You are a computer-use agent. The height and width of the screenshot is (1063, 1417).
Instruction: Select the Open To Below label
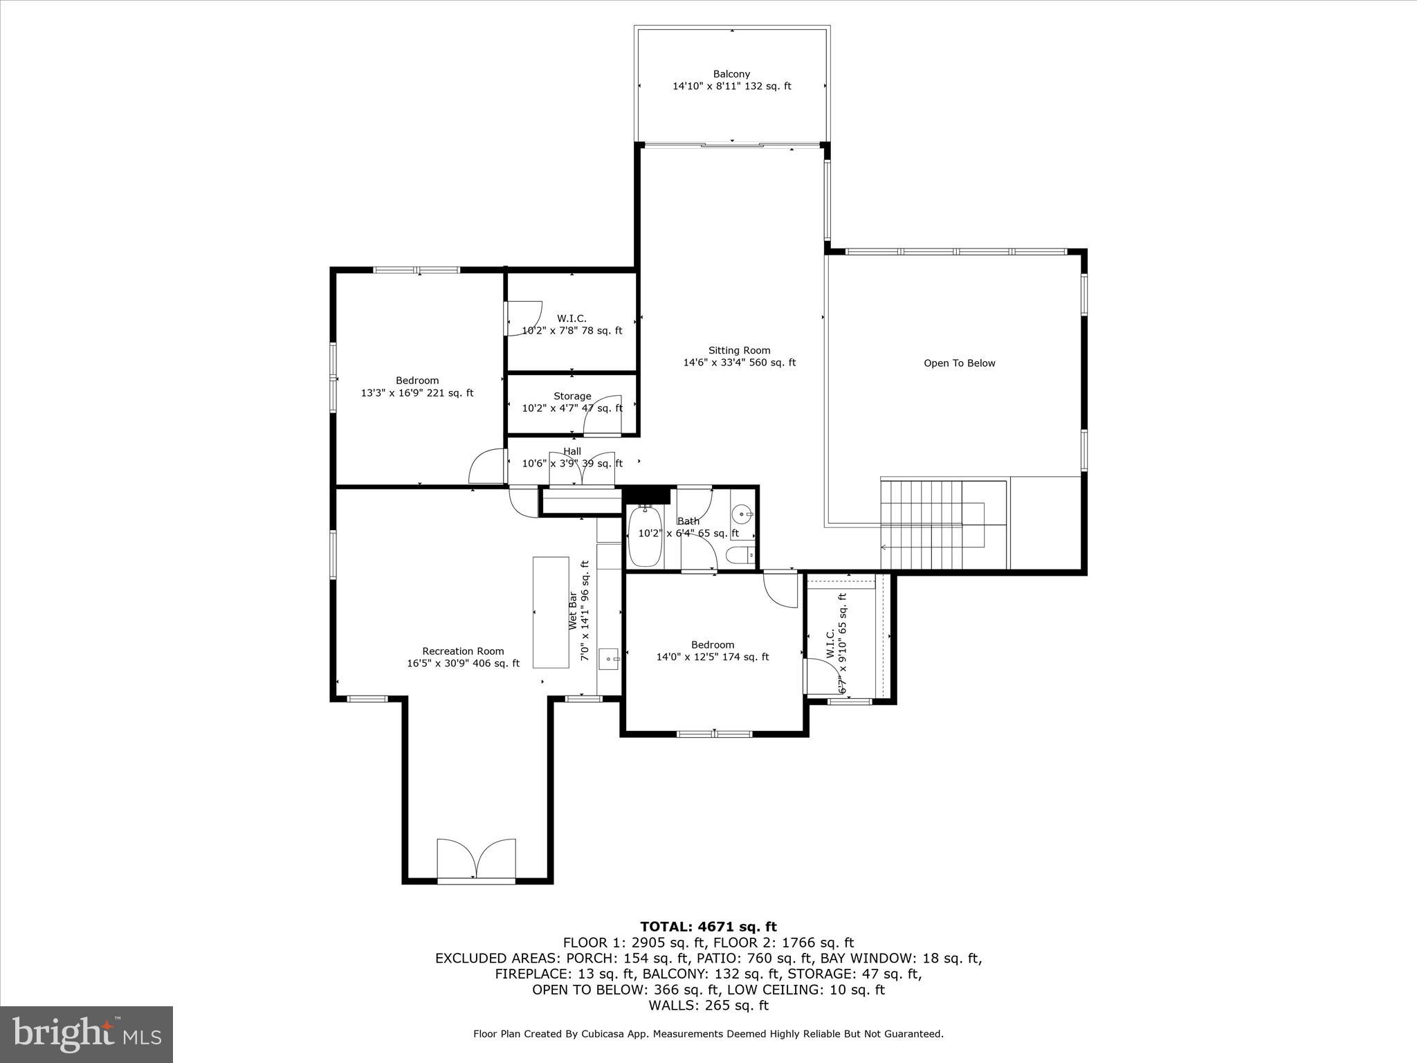[x=959, y=363]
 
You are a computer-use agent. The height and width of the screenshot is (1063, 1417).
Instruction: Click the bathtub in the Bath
[x=646, y=536]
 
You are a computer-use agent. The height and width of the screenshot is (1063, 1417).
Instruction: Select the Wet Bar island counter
[x=551, y=612]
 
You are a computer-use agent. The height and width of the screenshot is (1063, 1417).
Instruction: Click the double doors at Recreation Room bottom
[x=476, y=860]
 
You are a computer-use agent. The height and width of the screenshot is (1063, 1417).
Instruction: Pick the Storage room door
[x=603, y=415]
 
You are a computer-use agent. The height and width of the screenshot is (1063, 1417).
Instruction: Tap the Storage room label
[x=572, y=397]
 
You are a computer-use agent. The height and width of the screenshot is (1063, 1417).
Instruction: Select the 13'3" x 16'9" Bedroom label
[x=417, y=387]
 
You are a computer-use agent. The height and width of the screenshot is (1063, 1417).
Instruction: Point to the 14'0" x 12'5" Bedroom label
[x=713, y=651]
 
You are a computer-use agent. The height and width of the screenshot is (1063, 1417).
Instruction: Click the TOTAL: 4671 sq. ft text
[x=708, y=927]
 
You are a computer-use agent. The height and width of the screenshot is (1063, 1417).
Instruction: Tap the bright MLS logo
[x=86, y=1034]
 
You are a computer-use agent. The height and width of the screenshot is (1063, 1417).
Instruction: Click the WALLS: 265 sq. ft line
[x=708, y=1006]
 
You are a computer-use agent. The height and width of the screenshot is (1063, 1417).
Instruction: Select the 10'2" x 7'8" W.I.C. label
[x=572, y=325]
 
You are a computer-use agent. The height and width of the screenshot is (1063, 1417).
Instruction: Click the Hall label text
[x=572, y=451]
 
